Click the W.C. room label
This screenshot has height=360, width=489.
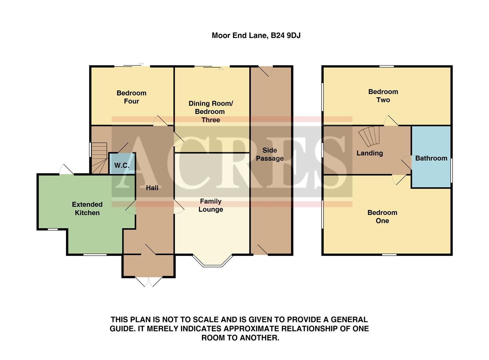click(121, 165)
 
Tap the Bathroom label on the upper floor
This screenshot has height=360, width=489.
click(431, 158)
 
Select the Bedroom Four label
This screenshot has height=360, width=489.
click(132, 97)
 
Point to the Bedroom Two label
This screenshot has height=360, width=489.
click(383, 96)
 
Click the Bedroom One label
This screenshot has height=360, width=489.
click(382, 217)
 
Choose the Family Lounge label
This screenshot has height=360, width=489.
click(211, 205)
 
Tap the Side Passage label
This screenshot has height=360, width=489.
click(270, 154)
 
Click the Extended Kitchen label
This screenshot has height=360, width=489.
click(87, 209)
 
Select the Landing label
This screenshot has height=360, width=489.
click(370, 153)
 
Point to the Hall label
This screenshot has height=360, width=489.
click(152, 188)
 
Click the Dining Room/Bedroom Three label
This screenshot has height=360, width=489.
click(211, 112)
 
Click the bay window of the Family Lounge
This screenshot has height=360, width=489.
click(212, 262)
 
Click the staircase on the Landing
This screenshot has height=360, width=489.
click(370, 136)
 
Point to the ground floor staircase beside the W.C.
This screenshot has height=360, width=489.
click(99, 158)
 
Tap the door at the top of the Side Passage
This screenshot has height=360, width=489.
click(266, 71)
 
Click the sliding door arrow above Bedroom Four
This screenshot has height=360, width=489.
click(141, 64)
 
